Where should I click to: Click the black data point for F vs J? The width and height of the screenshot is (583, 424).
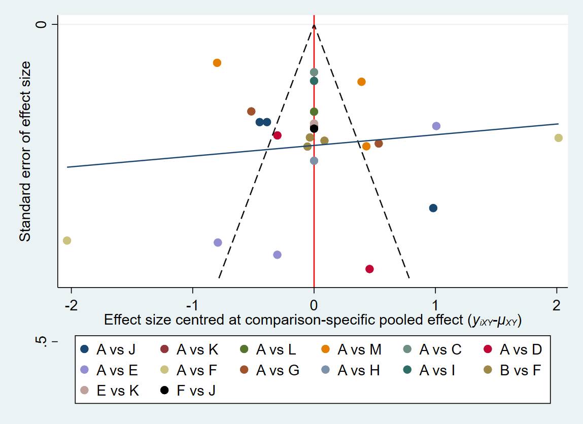coord(314,129)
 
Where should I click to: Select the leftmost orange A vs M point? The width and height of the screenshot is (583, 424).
coord(217,63)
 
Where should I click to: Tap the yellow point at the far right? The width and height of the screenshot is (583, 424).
coord(559,138)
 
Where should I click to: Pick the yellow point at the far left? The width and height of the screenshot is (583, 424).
coord(67,240)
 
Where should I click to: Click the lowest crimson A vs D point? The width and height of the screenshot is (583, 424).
coord(369,269)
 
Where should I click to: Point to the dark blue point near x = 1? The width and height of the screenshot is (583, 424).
coord(433,208)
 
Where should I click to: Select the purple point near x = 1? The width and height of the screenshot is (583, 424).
coord(436,126)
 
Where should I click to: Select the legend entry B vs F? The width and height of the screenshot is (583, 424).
coord(514,370)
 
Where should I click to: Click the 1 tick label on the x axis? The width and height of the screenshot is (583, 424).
coord(435,306)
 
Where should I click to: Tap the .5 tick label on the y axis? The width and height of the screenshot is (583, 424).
coord(40,343)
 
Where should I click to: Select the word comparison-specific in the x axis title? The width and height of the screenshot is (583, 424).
coord(315,321)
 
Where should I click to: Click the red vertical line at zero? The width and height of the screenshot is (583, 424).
coord(314,203)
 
